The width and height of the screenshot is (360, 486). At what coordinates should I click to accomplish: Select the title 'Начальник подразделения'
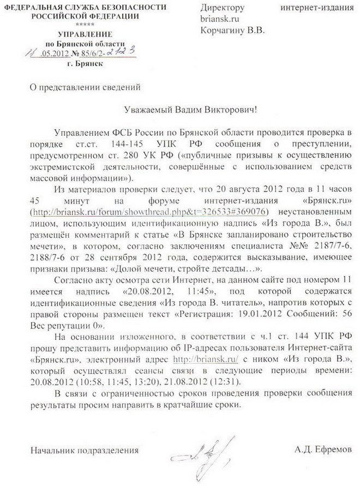tap(85, 450)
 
